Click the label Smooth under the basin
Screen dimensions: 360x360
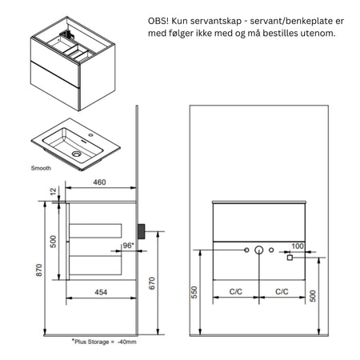pyautogui.click(x=41, y=169)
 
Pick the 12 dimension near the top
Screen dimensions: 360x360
pyautogui.click(x=54, y=192)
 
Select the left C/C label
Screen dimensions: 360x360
pyautogui.click(x=236, y=292)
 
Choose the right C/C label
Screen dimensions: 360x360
pyautogui.click(x=281, y=292)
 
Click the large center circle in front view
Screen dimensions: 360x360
pyautogui.click(x=258, y=252)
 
